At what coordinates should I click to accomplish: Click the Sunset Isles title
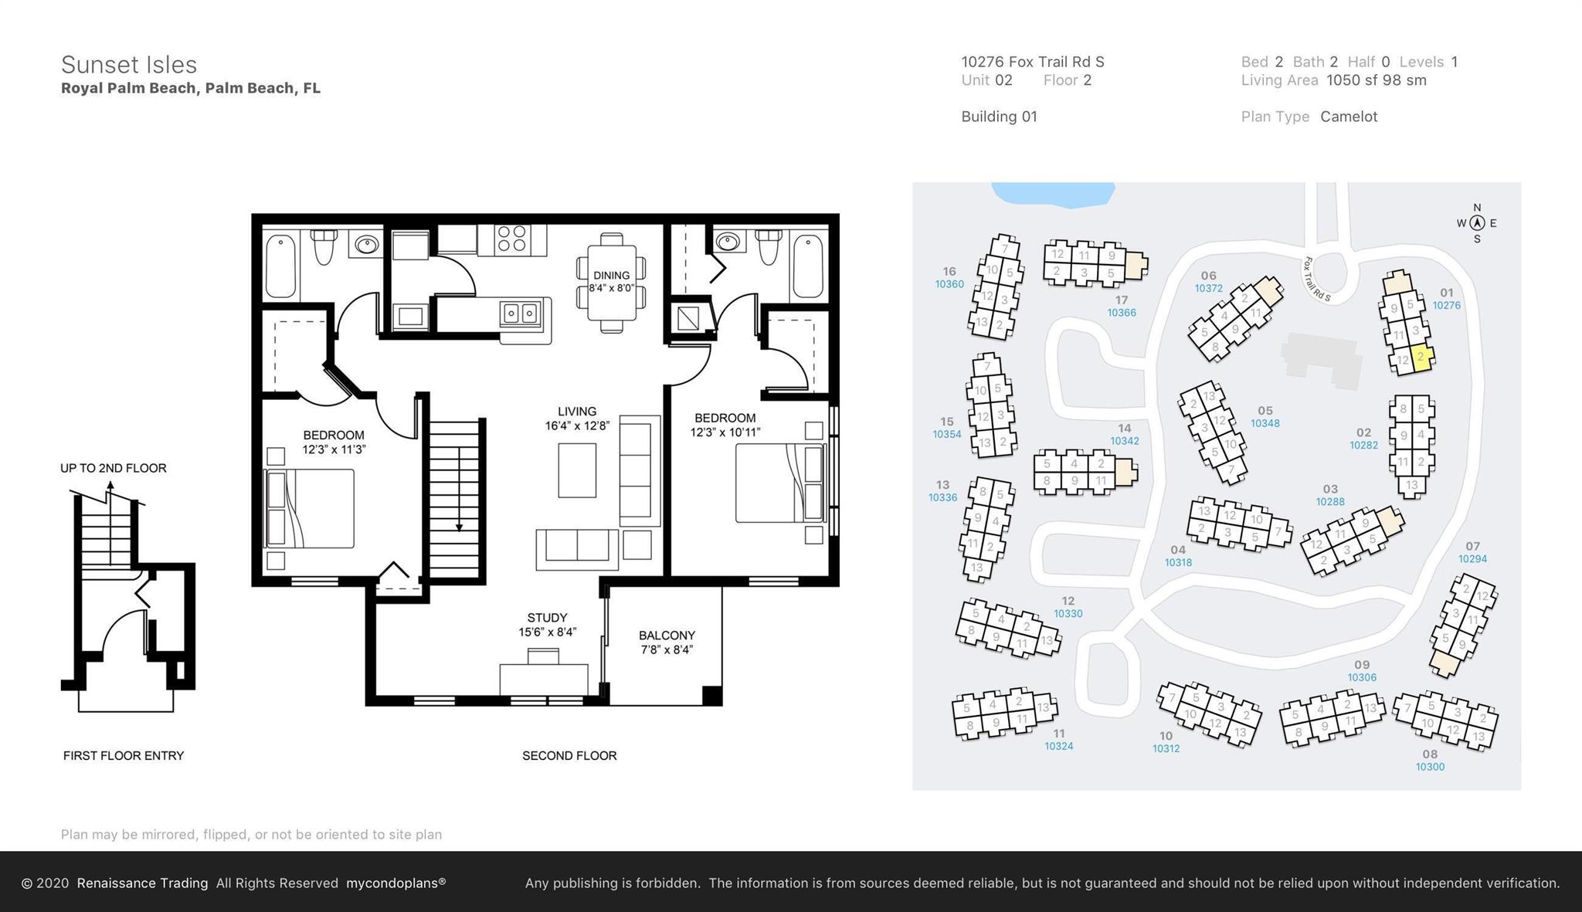click(x=129, y=65)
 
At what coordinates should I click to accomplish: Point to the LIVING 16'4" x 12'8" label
click(x=577, y=418)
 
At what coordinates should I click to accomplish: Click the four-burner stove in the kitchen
click(x=511, y=239)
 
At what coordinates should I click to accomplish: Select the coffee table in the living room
click(x=577, y=470)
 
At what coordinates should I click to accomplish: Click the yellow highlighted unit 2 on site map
click(x=1421, y=358)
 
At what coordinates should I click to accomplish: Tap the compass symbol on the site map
click(x=1477, y=223)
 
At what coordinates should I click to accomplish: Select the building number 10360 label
click(x=949, y=284)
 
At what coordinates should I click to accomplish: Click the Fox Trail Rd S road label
click(x=1317, y=279)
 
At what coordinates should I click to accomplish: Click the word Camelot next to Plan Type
click(x=1349, y=117)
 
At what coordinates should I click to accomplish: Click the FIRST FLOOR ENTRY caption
click(x=124, y=756)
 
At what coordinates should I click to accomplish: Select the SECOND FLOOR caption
click(x=569, y=756)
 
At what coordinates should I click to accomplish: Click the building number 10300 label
click(x=1430, y=767)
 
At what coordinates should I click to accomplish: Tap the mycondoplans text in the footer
click(x=395, y=883)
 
